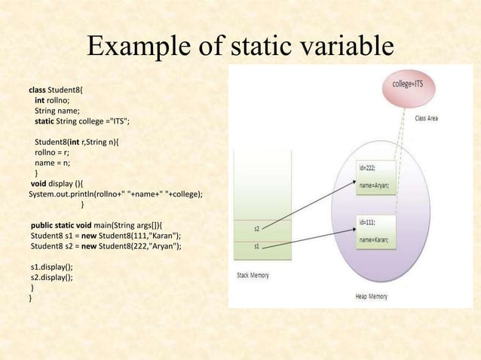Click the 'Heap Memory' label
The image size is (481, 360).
point(371,296)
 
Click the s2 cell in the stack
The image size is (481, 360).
point(257,228)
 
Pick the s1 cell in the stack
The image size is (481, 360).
point(257,246)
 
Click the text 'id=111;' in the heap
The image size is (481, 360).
point(368,223)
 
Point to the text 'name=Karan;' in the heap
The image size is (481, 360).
point(374,239)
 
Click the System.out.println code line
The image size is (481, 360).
point(115,193)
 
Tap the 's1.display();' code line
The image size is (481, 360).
point(52,267)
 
